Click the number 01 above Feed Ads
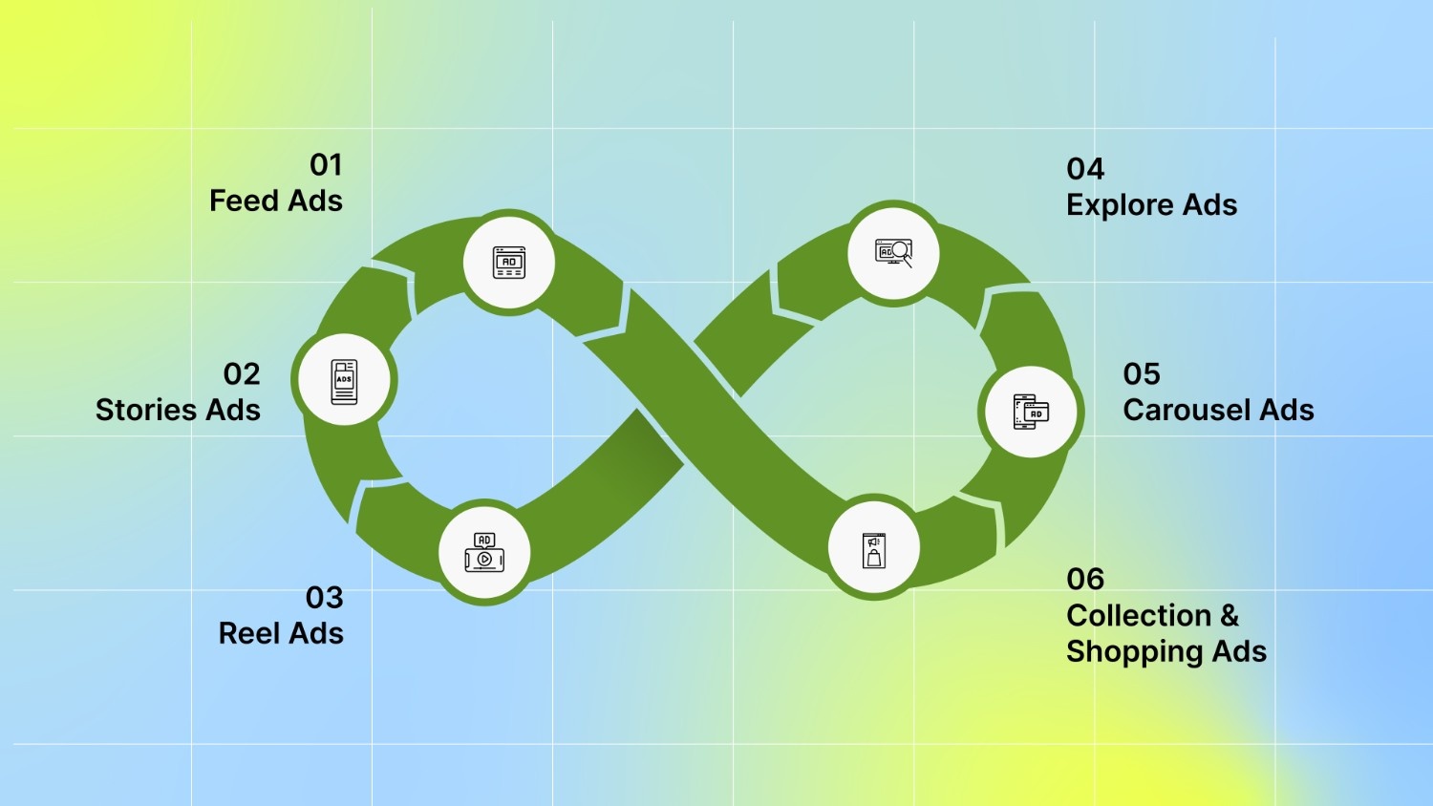(326, 165)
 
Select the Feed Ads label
(275, 201)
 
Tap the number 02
(242, 374)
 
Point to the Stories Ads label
(178, 411)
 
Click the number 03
(324, 598)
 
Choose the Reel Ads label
(281, 634)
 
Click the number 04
(1085, 169)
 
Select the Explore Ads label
(1151, 205)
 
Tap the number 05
(1142, 374)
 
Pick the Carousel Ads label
(1218, 411)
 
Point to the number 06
(1085, 580)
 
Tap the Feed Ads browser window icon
(509, 262)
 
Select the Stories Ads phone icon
(344, 381)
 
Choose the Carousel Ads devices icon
(1031, 412)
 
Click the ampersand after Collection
(1230, 616)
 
